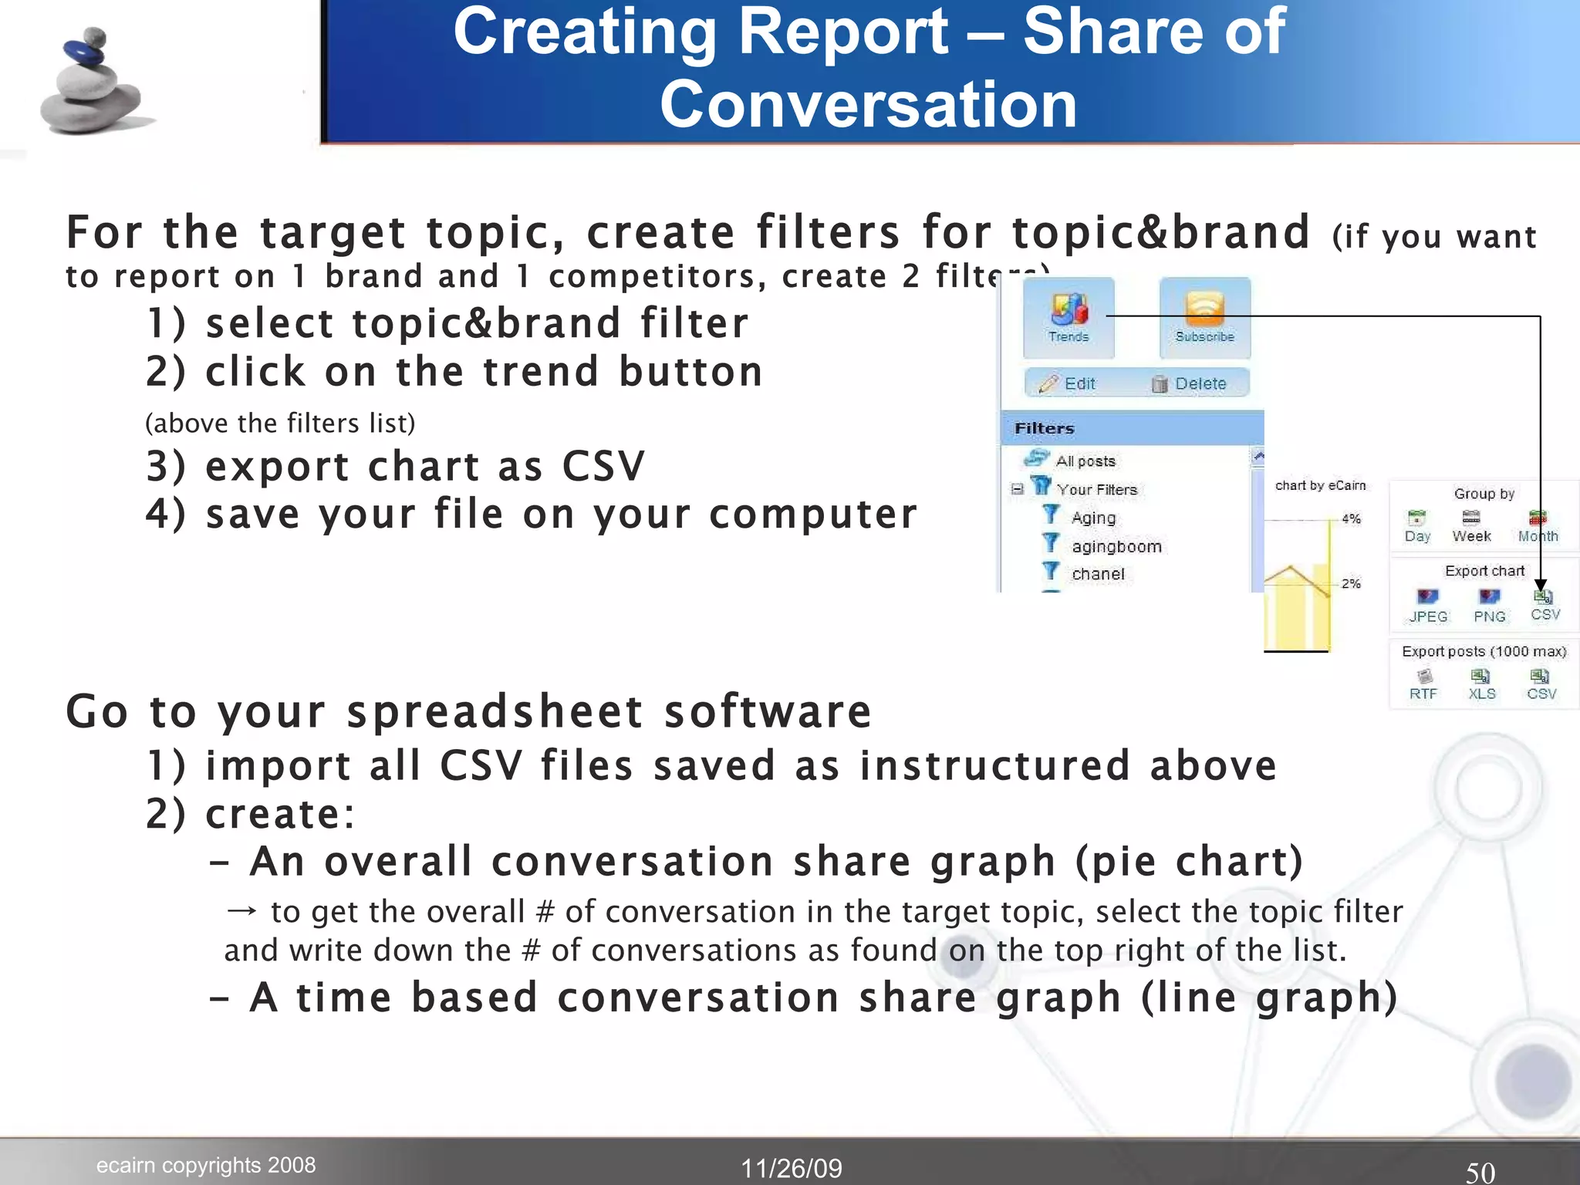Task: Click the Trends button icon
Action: (1069, 311)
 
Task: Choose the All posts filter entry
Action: (1085, 461)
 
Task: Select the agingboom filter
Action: (1116, 546)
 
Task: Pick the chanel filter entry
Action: (1097, 574)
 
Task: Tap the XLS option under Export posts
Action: (1481, 684)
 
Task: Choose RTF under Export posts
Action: (1423, 684)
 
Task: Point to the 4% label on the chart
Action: (1351, 518)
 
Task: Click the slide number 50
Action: (1480, 1172)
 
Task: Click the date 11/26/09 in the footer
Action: (792, 1168)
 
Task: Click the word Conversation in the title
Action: (868, 105)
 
